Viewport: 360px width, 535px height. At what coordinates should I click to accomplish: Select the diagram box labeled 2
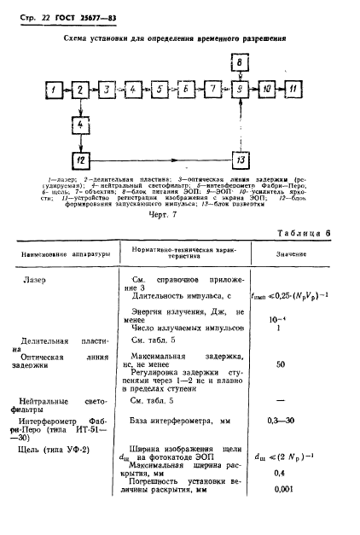pos(78,89)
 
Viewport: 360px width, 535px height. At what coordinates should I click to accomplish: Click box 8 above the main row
pos(241,63)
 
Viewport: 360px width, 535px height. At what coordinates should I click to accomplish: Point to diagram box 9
pos(241,89)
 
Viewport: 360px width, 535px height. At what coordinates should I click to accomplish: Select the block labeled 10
pos(267,89)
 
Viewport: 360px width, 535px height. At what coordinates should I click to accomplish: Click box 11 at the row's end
pos(293,89)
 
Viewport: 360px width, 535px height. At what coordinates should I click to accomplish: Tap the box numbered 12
pos(78,160)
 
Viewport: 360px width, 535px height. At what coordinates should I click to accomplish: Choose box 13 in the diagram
pos(241,160)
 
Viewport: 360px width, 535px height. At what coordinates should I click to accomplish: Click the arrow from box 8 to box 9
pos(241,76)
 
